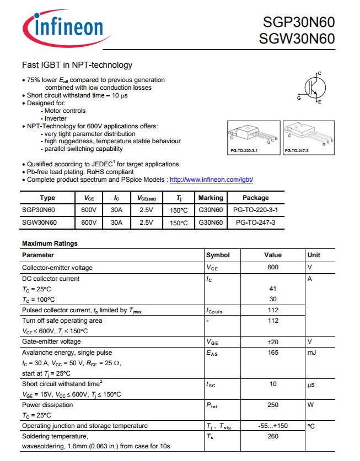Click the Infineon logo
pos(63,27)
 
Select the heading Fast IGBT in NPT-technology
pos(77,65)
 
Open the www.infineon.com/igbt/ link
pos(211,180)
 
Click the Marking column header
pos(211,198)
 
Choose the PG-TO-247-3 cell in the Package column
pos(255,223)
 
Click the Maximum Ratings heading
pos(50,243)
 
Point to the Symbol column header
pos(218,255)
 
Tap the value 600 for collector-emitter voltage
pos(273,268)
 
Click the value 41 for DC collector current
pos(273,289)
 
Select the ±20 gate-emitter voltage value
pos(273,341)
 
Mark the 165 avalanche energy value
pos(273,352)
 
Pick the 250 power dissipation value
pos(273,405)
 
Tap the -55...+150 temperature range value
pos(273,426)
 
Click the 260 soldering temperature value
pos(273,436)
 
